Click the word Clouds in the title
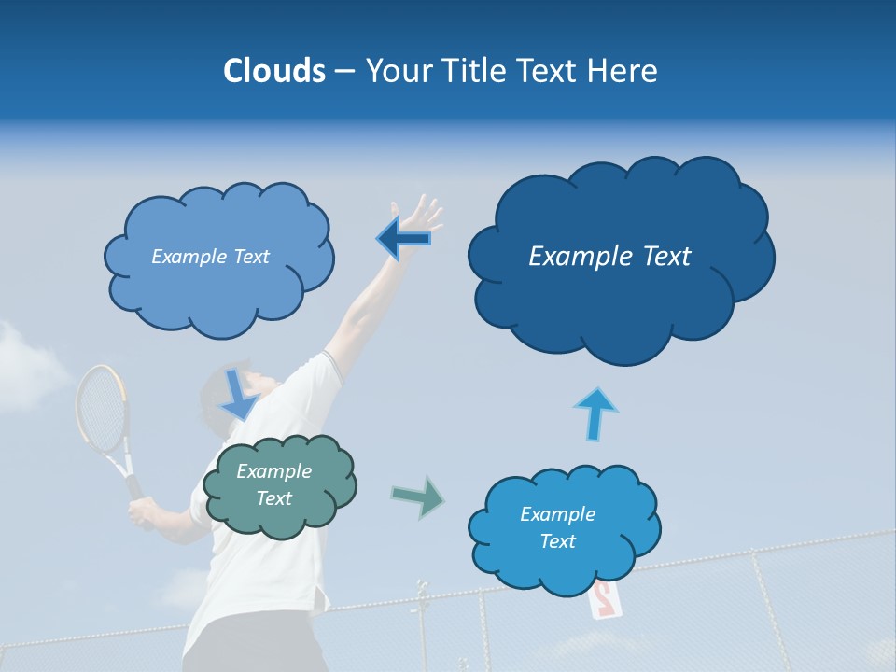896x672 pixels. pos(273,71)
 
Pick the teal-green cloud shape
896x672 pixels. pos(280,518)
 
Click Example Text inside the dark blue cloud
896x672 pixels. pos(609,257)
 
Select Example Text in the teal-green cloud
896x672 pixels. pos(273,484)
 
